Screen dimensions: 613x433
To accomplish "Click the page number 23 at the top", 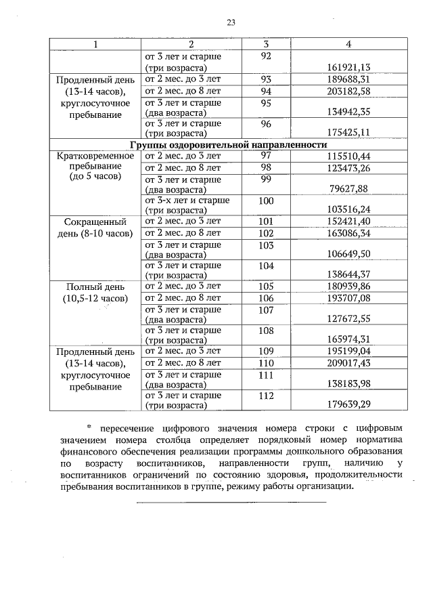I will pos(230,22).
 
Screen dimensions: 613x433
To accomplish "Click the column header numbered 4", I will pos(348,44).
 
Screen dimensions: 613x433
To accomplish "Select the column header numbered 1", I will pos(95,44).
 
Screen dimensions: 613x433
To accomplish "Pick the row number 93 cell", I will pos(265,79).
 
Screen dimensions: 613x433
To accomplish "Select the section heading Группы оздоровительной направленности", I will pos(229,145).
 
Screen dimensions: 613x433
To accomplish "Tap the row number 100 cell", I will pos(265,200).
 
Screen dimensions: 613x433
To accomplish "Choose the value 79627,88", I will pos(351,188).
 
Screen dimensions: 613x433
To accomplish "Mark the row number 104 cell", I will pos(265,266).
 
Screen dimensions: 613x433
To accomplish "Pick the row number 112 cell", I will pos(265,396).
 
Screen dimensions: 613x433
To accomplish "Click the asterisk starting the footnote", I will pos(89,427).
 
